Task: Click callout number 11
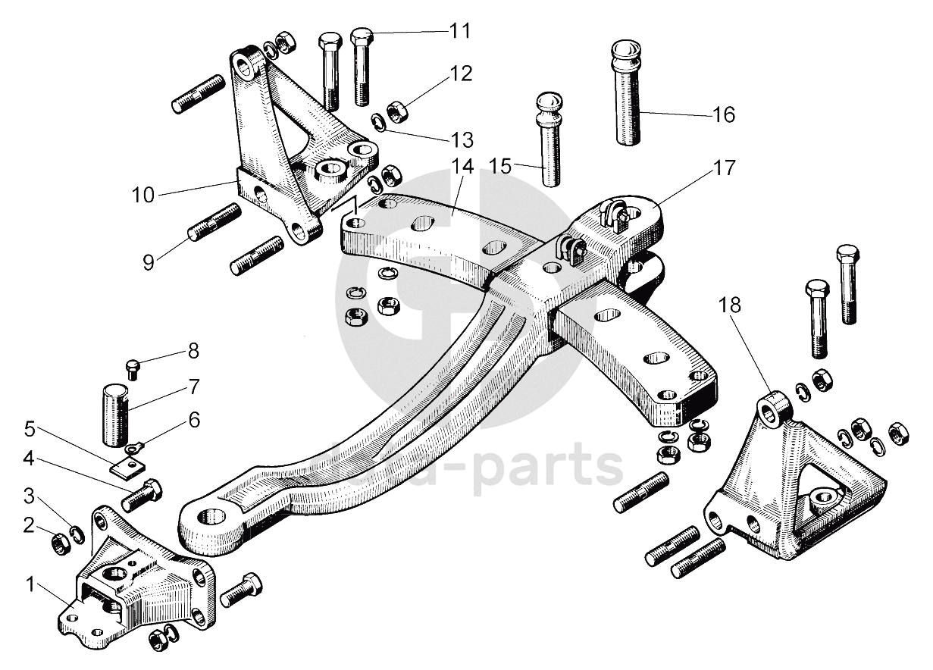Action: pos(459,31)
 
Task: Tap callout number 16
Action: pos(724,114)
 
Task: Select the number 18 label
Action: pos(731,305)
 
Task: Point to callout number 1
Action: pos(31,584)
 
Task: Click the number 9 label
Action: pos(149,262)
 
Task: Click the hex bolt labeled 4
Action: pos(141,494)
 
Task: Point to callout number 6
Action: pos(195,419)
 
